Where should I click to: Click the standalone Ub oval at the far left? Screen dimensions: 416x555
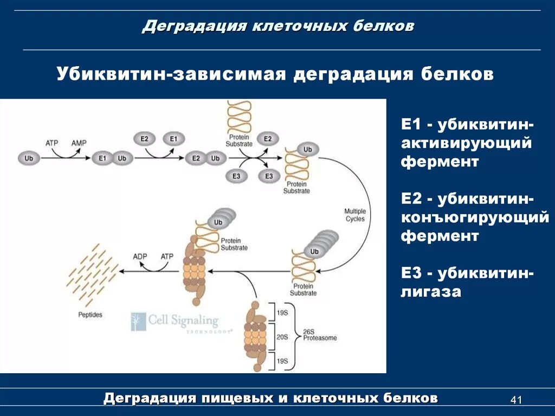pyautogui.click(x=29, y=158)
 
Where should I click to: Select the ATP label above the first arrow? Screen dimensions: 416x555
pyautogui.click(x=51, y=143)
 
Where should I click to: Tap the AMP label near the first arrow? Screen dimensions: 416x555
pyautogui.click(x=79, y=143)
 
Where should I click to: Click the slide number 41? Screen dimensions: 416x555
pyautogui.click(x=516, y=400)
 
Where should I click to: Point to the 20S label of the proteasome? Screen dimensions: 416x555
pyautogui.click(x=282, y=337)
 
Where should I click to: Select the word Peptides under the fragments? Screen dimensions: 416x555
pyautogui.click(x=89, y=315)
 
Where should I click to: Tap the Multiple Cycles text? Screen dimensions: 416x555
pyautogui.click(x=354, y=215)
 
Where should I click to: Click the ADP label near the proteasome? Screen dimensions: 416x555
pyautogui.click(x=140, y=256)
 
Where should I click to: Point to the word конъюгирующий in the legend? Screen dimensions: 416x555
pyautogui.click(x=475, y=217)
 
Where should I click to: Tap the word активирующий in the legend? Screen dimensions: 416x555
pyautogui.click(x=466, y=143)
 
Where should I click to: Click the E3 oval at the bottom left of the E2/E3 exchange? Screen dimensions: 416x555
pyautogui.click(x=236, y=176)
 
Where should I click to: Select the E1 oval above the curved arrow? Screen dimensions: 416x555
pyautogui.click(x=173, y=139)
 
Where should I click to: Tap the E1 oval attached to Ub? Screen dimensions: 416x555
pyautogui.click(x=102, y=158)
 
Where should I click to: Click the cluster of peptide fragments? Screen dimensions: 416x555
pyautogui.click(x=91, y=274)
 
